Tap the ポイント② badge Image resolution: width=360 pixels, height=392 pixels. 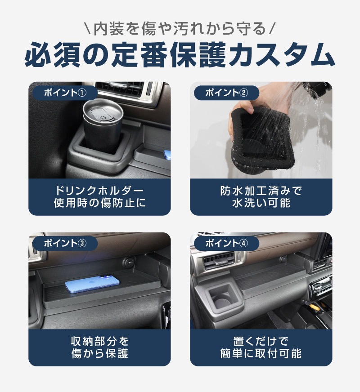(x=226, y=93)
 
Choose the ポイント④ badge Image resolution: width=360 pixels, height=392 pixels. (x=226, y=244)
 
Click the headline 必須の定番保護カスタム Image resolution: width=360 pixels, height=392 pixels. (x=180, y=55)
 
